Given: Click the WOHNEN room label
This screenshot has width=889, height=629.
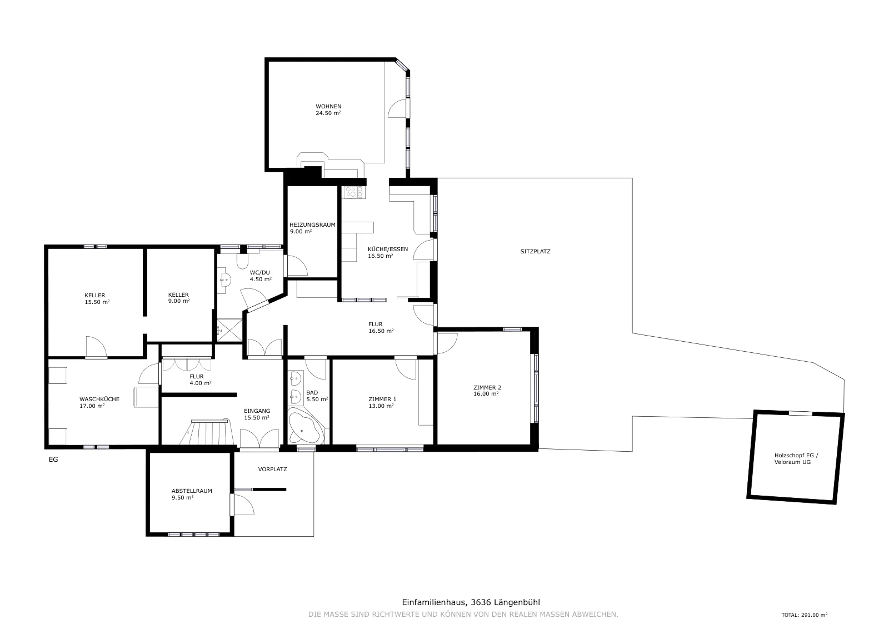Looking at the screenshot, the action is pos(328,106).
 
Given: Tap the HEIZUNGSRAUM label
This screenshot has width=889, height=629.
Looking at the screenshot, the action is pos(312,224).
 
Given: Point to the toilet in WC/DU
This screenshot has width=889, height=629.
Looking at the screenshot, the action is pos(242,261).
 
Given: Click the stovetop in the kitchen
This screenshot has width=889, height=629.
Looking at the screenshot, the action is pos(354,192).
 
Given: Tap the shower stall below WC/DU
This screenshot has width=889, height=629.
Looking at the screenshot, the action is pos(229,330).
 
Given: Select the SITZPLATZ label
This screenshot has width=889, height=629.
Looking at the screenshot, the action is pos(536,251).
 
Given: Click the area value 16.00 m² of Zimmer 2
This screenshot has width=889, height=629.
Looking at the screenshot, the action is pos(486,393).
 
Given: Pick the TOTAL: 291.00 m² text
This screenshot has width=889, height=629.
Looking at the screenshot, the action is pos(805,615).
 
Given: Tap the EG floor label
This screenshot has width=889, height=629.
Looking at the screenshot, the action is pos(53,460).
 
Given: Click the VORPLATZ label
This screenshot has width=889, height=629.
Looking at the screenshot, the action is pos(272,469).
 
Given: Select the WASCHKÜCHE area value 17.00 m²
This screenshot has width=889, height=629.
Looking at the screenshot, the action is pos(92,406).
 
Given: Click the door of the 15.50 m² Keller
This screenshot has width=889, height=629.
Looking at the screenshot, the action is pos(97,347).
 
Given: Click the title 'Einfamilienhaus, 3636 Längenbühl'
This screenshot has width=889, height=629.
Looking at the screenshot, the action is pos(471,602).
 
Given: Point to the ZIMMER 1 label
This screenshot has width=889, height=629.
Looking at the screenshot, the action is pos(382,399).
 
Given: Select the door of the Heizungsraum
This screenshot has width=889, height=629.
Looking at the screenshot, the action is pos(297,265).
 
